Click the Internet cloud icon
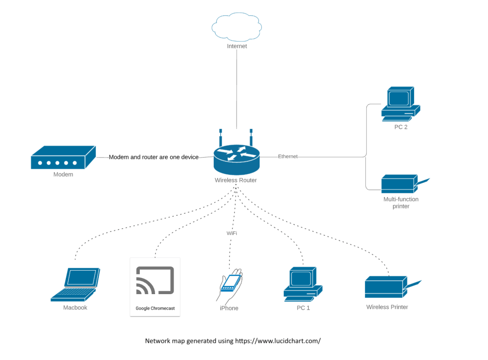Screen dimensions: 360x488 [x=237, y=27]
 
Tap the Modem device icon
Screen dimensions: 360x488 [x=63, y=158]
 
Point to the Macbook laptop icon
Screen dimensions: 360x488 [x=76, y=285]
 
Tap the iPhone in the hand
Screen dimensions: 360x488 [x=231, y=283]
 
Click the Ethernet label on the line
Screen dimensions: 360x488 [x=288, y=157]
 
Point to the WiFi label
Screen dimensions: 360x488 [x=232, y=233]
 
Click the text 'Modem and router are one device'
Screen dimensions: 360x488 [x=154, y=157]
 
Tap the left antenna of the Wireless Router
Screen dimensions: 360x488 [x=220, y=138]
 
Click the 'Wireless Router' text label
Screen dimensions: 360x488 [x=236, y=180]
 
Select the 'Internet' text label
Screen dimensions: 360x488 [x=237, y=46]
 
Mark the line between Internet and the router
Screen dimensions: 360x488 [x=237, y=91]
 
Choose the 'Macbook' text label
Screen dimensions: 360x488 [x=75, y=308]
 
